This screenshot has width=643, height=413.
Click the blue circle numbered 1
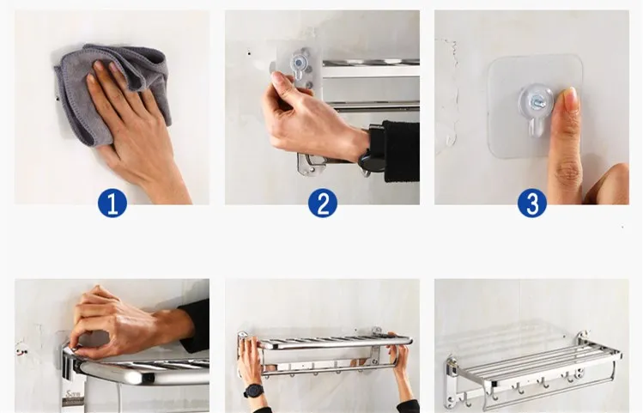112,203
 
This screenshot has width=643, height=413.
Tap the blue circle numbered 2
323,203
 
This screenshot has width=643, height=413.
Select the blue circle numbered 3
532,203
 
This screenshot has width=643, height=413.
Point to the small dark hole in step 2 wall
249,53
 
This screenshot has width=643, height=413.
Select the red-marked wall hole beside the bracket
21,352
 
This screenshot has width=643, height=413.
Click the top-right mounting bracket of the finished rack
583,337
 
